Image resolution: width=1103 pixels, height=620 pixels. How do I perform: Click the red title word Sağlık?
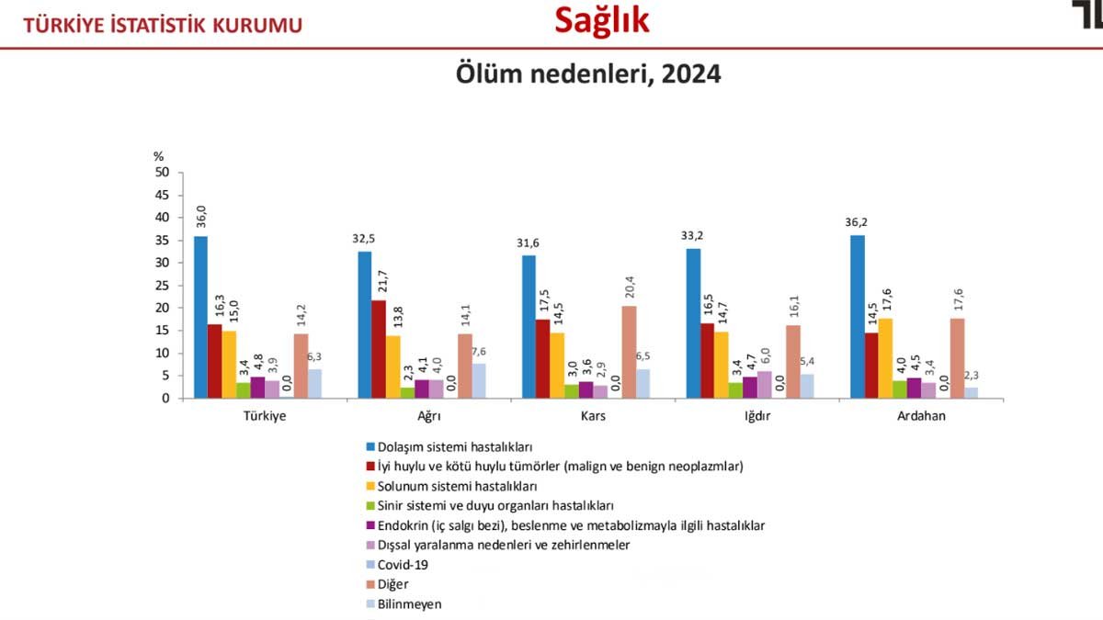(602, 21)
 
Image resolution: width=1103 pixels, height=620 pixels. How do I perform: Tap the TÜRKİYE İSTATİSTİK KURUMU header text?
(163, 26)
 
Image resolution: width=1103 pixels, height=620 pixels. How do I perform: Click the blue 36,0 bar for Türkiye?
(200, 317)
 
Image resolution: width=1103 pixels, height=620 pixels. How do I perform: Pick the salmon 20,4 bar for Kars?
(629, 352)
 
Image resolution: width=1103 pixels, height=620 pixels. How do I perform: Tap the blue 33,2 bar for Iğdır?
(693, 323)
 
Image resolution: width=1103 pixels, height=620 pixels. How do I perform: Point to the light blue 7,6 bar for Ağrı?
(480, 381)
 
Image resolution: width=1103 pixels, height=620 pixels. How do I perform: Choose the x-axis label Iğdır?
(758, 415)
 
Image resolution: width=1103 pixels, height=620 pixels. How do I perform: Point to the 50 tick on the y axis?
(162, 173)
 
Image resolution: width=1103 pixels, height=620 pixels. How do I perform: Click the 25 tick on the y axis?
(162, 286)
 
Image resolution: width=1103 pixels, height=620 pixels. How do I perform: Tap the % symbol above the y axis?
(158, 157)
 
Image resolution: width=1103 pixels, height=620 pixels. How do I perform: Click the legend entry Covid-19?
(403, 564)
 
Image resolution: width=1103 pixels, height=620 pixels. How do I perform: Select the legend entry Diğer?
(392, 583)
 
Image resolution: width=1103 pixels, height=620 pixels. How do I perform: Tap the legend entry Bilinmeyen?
(409, 603)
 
